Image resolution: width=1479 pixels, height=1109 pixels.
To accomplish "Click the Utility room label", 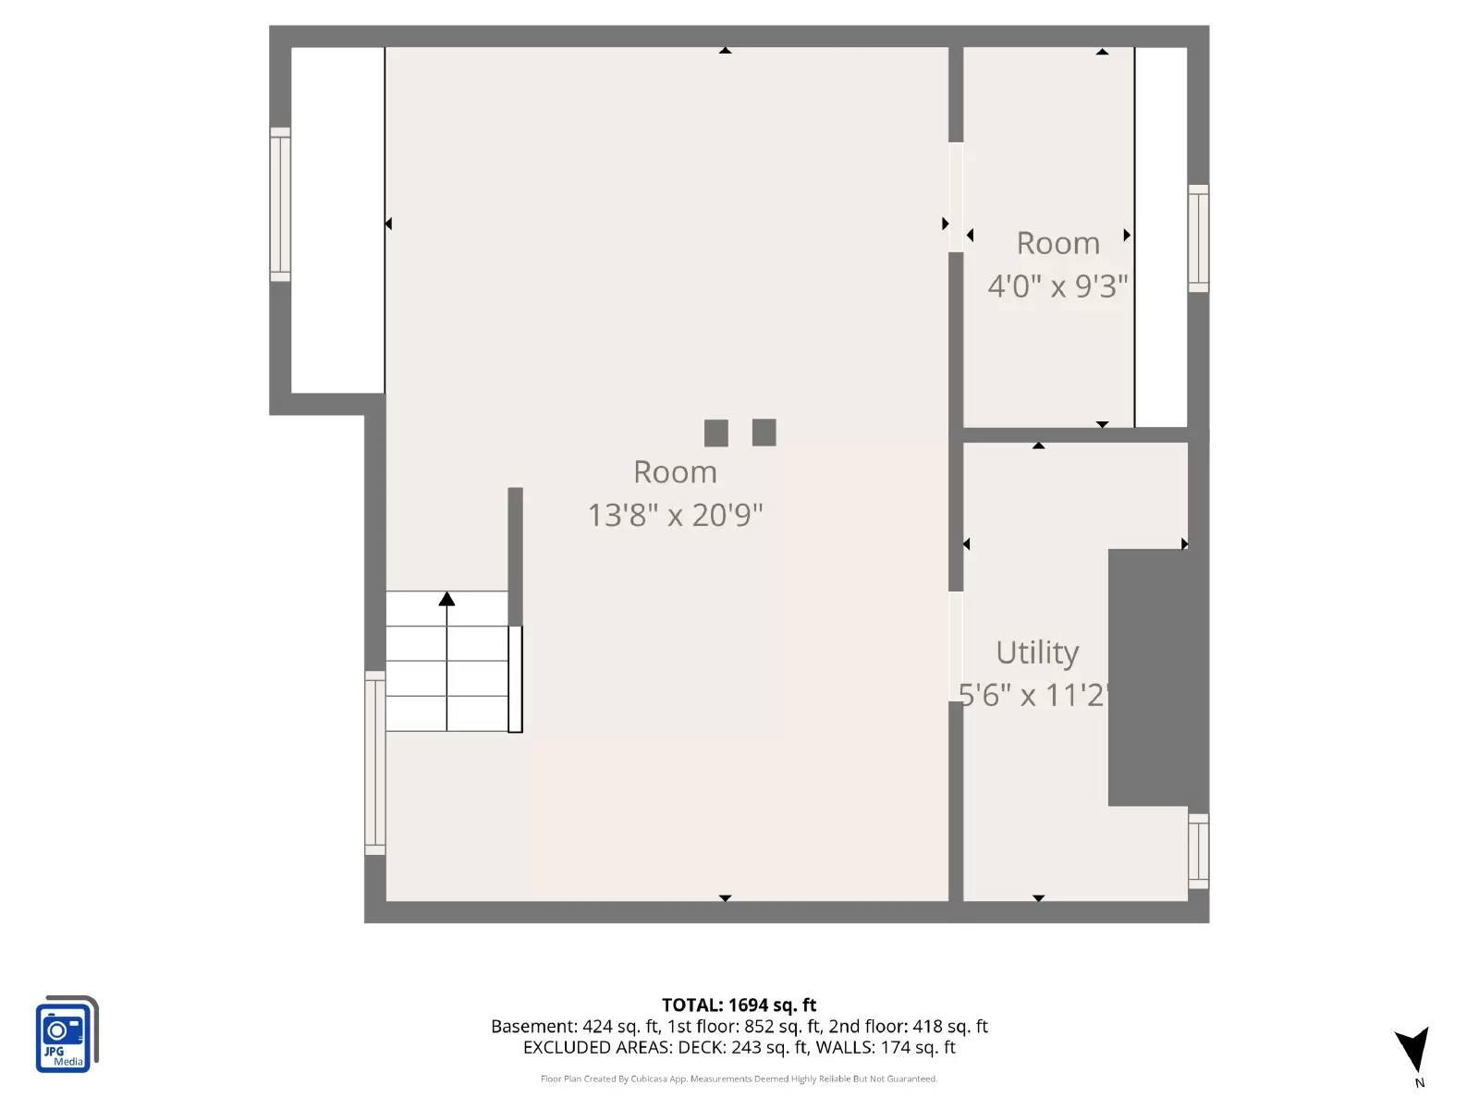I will point(1037,652).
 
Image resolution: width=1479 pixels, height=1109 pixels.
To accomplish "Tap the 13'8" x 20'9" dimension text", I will point(675,515).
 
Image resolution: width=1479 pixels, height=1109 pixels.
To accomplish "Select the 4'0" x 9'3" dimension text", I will point(1057,286).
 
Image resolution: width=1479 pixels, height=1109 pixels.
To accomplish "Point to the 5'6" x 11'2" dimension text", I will point(1033,694).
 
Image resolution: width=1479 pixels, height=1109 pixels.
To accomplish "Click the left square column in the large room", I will point(715,433).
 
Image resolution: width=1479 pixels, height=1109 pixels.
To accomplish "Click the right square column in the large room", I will point(764,432).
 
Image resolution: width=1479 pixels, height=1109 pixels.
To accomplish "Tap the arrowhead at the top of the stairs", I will point(446,599).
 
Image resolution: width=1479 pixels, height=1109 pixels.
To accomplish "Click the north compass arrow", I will point(1412,1050).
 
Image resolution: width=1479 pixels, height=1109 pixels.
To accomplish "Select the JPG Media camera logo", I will point(66,1035).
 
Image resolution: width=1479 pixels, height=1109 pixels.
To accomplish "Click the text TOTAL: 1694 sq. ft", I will point(739,1005).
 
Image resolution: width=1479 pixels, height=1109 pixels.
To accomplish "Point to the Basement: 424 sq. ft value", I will point(574,1026).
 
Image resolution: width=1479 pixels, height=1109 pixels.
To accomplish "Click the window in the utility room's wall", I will point(1198,850).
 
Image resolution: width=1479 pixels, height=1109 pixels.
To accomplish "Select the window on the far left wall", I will point(280,204).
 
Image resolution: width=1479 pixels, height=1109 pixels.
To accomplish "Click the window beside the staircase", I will point(374,762).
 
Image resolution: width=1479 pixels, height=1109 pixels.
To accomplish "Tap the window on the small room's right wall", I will point(1198,238).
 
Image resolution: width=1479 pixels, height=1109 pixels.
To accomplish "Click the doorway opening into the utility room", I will point(956,646).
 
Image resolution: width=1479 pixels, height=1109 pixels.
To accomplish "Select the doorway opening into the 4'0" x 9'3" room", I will point(956,197).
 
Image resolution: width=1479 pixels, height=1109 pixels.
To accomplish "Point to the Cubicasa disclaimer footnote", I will point(739,1079).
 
